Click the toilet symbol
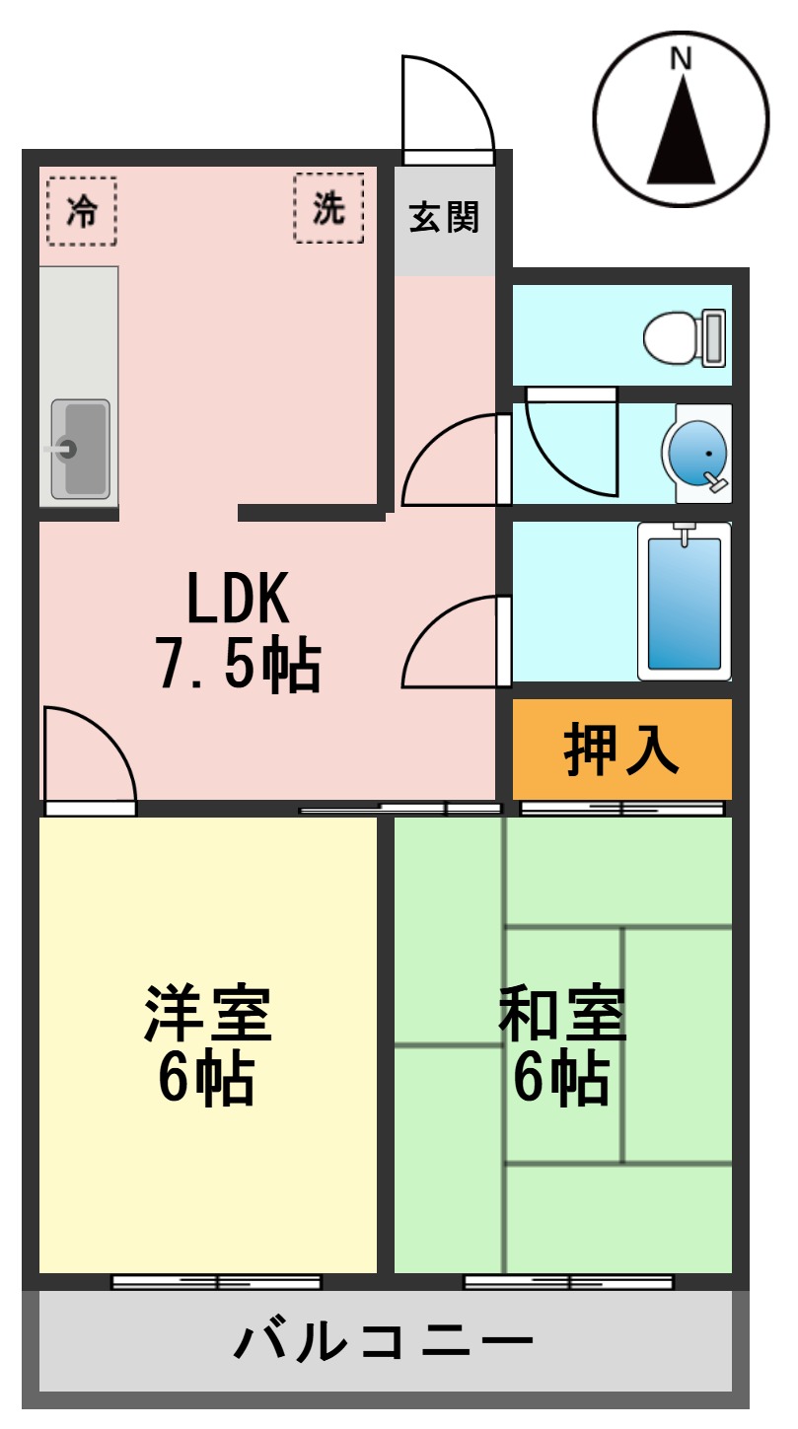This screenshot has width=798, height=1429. tap(685, 337)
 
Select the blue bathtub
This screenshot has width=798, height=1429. tap(684, 602)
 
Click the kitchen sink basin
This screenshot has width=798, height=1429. tap(80, 449)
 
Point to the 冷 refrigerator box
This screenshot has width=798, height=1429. tap(81, 211)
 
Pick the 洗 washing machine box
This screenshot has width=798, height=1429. tap(328, 208)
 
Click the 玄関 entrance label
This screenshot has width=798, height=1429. tap(444, 218)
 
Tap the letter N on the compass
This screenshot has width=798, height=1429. tap(680, 59)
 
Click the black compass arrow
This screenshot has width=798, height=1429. tap(681, 133)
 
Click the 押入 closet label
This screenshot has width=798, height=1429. tap(621, 750)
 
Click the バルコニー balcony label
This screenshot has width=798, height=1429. tap(385, 1342)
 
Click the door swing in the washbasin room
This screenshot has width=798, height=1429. tap(567, 439)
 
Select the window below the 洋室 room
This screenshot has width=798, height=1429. tap(216, 1282)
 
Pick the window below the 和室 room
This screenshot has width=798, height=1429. tap(568, 1282)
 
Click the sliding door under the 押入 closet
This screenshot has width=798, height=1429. tap(621, 809)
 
